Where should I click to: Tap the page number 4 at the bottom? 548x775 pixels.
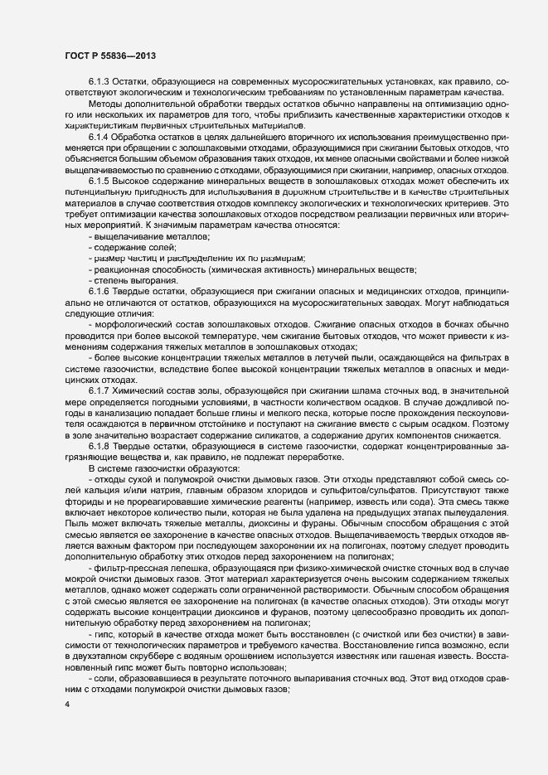tap(66, 705)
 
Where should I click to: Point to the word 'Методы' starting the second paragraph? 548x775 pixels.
tap(105, 104)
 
